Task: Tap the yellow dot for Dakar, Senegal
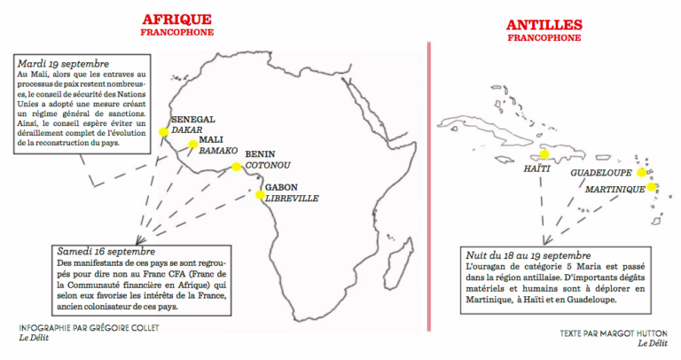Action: (163, 132)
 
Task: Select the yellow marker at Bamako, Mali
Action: (192, 144)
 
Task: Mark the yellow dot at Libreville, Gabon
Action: (258, 195)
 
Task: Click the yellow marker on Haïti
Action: (545, 153)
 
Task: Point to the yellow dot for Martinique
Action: (652, 187)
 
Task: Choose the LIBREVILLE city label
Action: (292, 199)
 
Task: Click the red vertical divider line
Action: (428, 177)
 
